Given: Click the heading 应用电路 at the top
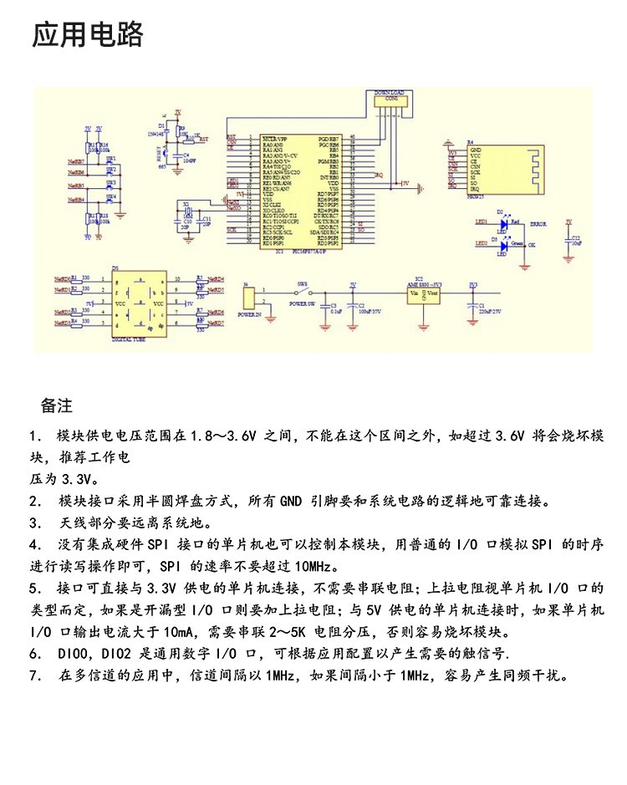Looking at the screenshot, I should point(88,36).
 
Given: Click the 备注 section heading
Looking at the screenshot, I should point(57,406).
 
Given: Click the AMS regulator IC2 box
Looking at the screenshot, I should point(426,293).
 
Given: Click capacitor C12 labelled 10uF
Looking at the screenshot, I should point(569,242).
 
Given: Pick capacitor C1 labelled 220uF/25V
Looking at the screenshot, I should point(473,304).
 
